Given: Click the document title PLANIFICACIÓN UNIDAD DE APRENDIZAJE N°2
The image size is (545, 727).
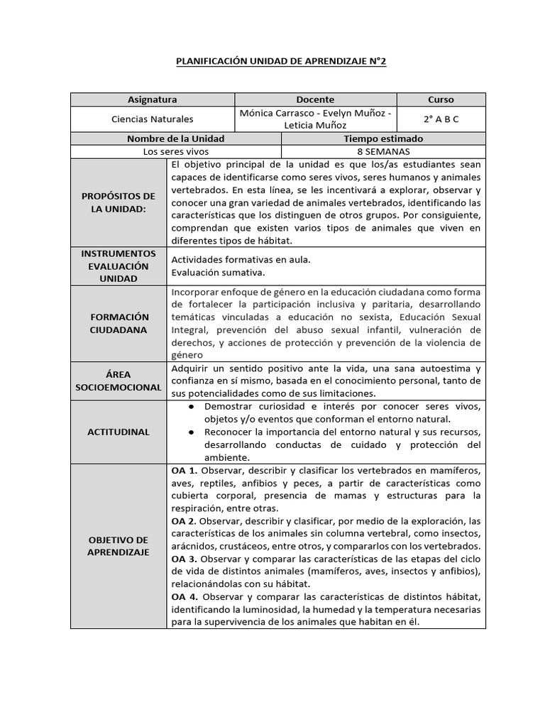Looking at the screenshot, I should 281,62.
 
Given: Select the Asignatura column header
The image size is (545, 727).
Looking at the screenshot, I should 152,100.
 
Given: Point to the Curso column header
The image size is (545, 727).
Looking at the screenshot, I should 441,100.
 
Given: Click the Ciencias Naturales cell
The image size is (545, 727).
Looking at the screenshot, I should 152,119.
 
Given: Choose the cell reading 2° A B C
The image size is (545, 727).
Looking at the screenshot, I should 441,119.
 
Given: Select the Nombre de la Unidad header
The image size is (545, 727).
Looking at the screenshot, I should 175,138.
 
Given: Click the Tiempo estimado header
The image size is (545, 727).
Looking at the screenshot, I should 383,138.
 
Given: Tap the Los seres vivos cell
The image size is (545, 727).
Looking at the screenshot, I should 175,151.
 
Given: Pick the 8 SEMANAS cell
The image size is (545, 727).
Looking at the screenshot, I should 383,151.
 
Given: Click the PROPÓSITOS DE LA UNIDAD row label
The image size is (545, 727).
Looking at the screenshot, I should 119,202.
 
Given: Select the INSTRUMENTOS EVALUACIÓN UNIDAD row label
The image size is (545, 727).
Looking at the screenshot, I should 119,266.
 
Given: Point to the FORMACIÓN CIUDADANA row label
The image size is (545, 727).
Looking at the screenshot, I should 119,323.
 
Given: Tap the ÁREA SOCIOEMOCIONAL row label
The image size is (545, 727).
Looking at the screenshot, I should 119,381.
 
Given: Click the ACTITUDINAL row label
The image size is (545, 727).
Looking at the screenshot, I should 119,432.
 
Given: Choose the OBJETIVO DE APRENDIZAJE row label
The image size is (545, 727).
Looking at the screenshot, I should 119,546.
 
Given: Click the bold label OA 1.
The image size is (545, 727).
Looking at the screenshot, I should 183,470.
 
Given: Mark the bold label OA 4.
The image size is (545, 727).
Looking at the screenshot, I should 183,597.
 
